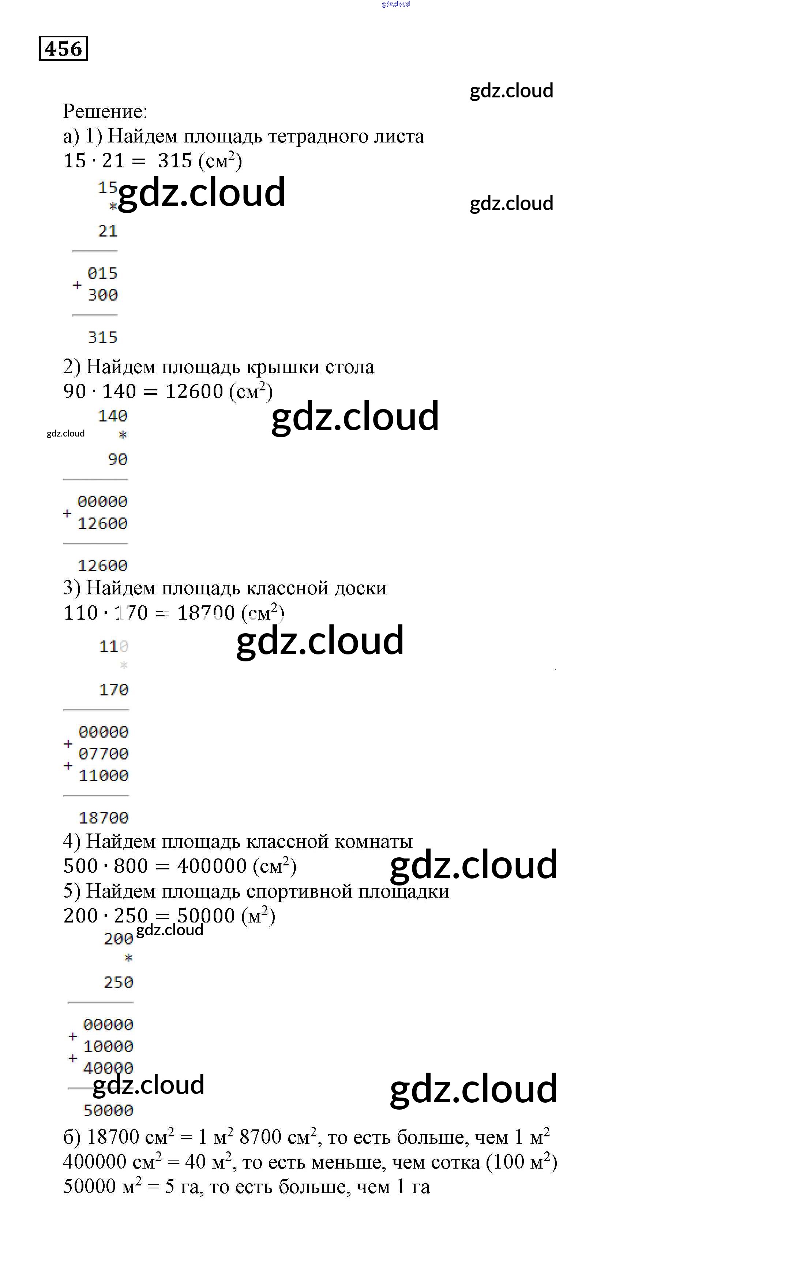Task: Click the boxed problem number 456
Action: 63,49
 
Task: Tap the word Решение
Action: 105,112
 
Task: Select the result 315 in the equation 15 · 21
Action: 175,161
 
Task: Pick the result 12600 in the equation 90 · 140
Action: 194,391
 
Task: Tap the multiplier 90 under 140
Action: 117,459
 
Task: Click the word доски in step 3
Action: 360,588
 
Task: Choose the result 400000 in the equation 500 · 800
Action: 211,866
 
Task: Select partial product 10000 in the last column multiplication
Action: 108,1046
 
